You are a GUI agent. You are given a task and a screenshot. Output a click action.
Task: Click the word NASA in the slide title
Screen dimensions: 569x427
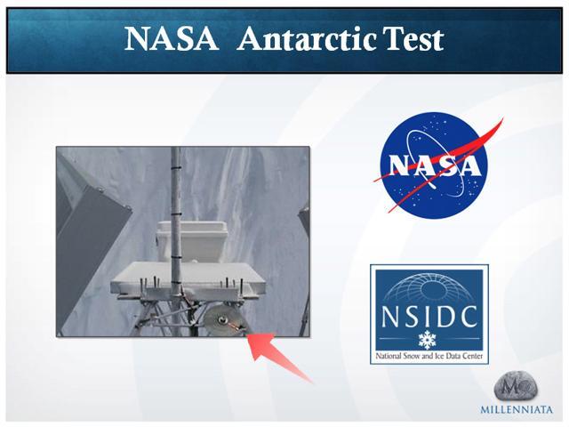171,38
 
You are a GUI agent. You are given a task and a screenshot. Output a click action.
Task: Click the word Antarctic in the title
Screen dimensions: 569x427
307,38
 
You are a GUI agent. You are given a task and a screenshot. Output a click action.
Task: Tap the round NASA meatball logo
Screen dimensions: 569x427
435,165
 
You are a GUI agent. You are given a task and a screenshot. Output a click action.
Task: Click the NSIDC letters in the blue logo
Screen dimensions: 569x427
429,316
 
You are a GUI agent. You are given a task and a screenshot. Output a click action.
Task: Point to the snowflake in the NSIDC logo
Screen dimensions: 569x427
427,340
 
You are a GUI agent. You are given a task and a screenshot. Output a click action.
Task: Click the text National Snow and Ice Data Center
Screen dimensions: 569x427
429,356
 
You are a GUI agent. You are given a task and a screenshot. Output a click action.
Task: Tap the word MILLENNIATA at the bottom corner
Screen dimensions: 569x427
517,410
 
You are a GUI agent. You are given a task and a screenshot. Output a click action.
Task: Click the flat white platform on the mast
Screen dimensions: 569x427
188,278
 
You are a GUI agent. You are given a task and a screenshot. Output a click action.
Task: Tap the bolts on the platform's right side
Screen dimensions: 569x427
233,285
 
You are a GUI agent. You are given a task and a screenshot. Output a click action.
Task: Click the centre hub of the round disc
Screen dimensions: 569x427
222,320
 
